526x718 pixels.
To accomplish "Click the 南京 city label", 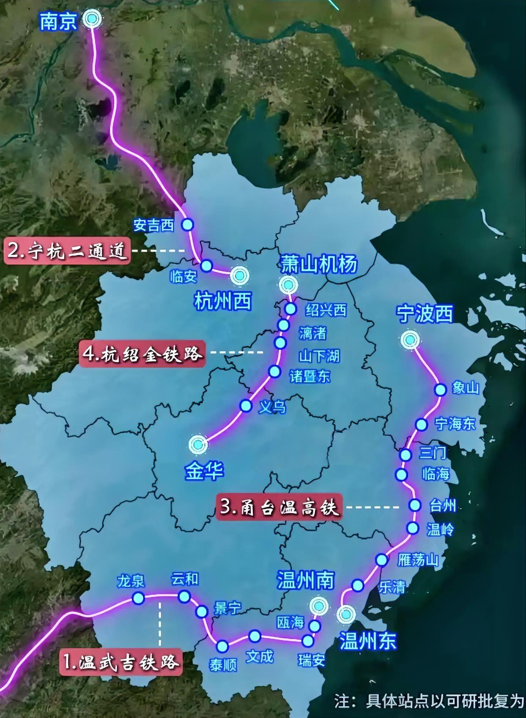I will pos(58,22).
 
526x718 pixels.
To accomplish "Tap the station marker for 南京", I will pos(91,19).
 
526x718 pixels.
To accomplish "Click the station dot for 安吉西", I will pos(187,224).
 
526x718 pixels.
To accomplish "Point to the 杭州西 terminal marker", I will pos(239,275).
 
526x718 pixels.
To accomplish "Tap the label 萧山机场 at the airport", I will pos(319,264).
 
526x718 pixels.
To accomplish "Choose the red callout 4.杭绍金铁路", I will pos(142,353).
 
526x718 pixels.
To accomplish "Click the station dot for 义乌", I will pos(245,406).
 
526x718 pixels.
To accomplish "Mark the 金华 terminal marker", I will pos(198,444).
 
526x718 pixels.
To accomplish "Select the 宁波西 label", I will pos(425,313).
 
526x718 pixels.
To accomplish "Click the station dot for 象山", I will pos(441,389).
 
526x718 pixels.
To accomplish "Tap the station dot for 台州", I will pos(415,505).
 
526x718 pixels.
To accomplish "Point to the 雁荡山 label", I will pos(418,560).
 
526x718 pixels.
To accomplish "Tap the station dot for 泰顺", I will pos(222,647).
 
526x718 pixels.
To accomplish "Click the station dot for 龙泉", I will pos(138,598).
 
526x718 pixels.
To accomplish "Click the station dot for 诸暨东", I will pos(275,372).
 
